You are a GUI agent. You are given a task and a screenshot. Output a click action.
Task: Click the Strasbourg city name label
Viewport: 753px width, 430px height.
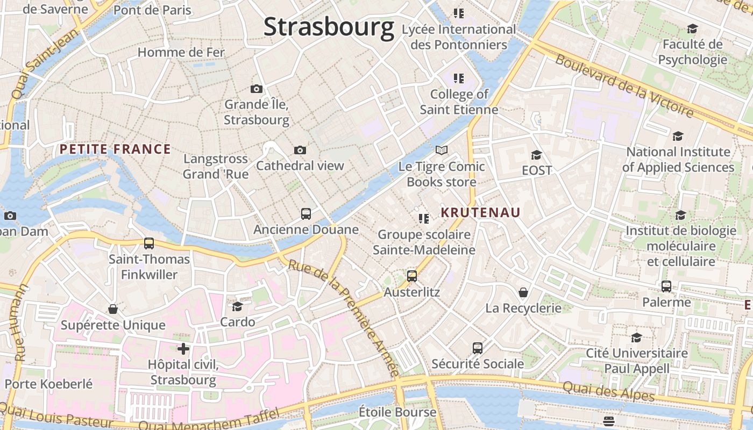click(x=329, y=27)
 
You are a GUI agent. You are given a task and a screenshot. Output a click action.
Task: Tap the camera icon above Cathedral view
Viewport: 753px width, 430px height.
click(x=300, y=150)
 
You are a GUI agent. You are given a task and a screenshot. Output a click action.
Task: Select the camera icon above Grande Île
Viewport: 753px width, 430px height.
click(x=257, y=89)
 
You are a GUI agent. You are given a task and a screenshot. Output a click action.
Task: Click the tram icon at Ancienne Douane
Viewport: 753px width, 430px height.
click(x=306, y=214)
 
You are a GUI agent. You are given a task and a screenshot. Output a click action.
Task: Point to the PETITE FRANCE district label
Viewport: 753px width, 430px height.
click(x=115, y=149)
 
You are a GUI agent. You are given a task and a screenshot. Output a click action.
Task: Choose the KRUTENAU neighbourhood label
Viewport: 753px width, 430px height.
click(x=480, y=213)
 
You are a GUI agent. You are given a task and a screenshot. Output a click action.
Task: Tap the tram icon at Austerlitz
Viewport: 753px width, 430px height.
click(x=412, y=276)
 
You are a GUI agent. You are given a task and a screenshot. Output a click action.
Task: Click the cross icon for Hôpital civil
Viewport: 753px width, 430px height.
click(x=183, y=349)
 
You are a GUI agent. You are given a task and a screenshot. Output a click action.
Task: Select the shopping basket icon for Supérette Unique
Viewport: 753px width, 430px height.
click(x=113, y=309)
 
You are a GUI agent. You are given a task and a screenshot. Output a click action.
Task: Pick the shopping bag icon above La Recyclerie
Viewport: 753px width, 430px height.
click(x=523, y=292)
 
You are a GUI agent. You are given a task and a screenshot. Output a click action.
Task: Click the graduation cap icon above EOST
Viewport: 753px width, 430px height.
click(x=536, y=155)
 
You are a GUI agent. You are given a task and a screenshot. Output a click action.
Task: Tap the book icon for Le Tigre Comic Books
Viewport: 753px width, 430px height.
click(x=442, y=150)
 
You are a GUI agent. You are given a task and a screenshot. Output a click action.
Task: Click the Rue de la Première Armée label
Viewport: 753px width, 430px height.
click(x=344, y=317)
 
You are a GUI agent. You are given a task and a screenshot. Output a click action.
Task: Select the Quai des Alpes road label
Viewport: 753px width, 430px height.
click(x=609, y=391)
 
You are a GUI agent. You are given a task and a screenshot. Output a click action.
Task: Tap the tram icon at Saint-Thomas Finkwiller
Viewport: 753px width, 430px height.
click(x=149, y=243)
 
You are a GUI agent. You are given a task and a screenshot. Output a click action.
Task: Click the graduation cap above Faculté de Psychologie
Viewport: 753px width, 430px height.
click(x=692, y=28)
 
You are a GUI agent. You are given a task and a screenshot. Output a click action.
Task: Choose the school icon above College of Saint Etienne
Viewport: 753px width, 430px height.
click(x=458, y=78)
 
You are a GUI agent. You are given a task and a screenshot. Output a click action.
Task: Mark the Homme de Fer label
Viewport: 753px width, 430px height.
click(x=181, y=52)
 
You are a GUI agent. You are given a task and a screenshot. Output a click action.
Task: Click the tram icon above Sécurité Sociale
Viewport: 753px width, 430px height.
click(x=478, y=348)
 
